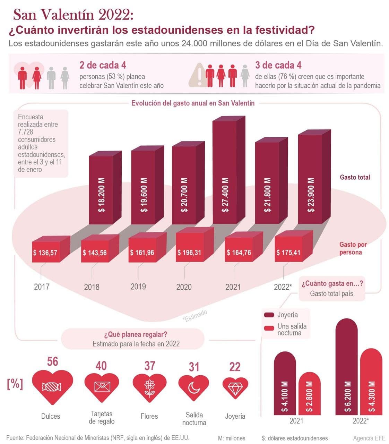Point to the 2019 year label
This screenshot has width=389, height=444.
coord(138,287)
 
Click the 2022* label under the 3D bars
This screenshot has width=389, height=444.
coord(283,287)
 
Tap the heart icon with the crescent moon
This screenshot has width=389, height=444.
coord(193,387)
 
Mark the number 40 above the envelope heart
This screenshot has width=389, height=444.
coord(101,366)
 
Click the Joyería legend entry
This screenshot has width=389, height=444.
coord(281,315)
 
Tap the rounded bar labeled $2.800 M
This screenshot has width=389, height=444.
coord(309,394)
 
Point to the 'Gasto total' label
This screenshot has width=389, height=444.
coord(355,177)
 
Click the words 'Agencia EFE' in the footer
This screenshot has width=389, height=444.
coord(369,438)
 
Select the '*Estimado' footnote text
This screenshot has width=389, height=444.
coord(195,316)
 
